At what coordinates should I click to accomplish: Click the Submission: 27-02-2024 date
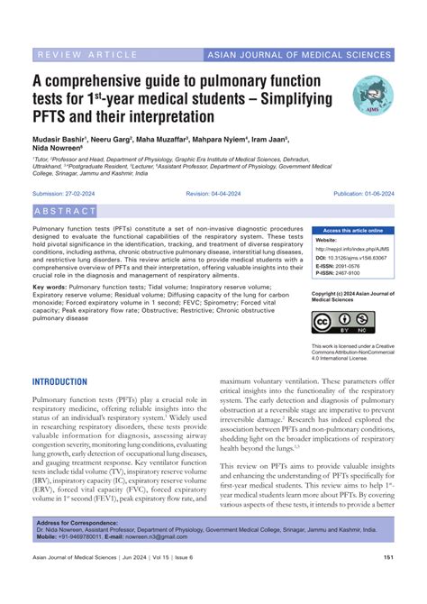[65, 194]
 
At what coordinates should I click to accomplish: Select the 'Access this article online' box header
[352, 230]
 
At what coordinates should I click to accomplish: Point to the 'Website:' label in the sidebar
[326, 241]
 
